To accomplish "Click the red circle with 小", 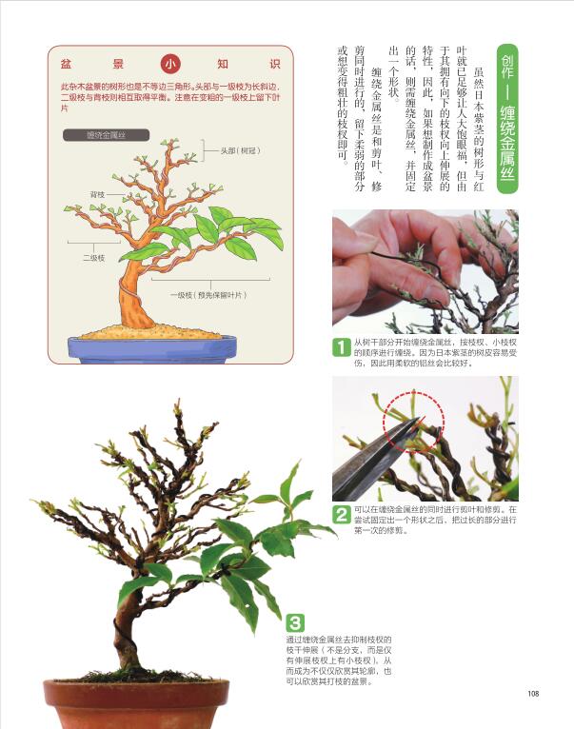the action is point(170,64).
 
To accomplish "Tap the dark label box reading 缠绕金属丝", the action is point(106,135).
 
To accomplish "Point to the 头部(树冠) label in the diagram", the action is point(240,150).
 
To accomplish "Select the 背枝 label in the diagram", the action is point(97,194).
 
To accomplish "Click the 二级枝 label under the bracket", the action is point(93,258).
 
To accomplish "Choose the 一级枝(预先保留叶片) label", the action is point(208,295).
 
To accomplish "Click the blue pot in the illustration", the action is point(152,349).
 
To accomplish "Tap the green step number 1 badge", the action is point(342,346).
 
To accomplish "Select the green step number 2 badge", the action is point(342,515).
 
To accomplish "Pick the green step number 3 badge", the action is point(295,622).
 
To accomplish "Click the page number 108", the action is point(533,693).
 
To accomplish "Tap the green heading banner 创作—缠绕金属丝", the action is point(507,119).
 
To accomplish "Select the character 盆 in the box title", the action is point(66,64).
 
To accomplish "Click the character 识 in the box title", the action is point(275,64).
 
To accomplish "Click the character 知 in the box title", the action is point(223,64).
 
